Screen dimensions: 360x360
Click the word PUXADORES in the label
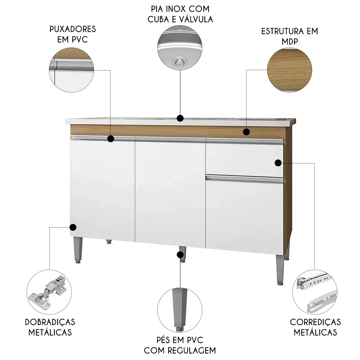(73, 29)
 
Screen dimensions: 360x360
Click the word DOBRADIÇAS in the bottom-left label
(50, 321)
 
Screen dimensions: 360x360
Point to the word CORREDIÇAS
(315, 321)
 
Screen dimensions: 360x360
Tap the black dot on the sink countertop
(180, 118)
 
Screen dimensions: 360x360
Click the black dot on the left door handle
(111, 138)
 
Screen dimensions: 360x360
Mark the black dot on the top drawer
(278, 163)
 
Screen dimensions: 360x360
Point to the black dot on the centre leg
(180, 255)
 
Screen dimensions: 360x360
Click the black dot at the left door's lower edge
(73, 227)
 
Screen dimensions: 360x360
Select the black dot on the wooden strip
(246, 132)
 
